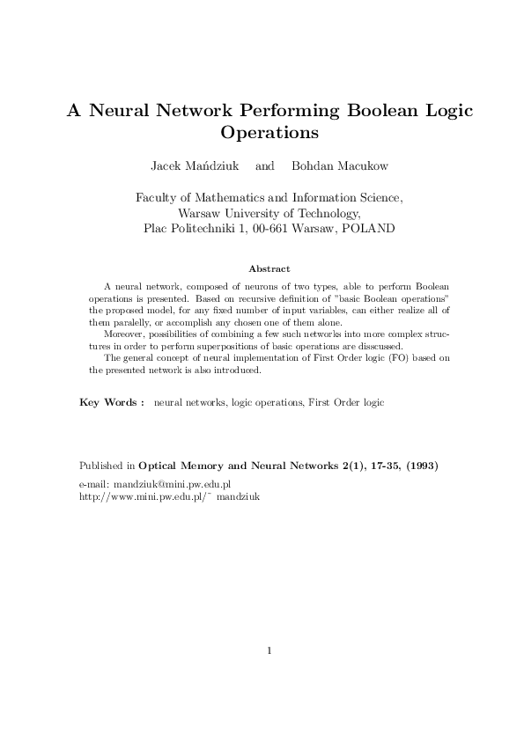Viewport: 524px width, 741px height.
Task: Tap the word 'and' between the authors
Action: click(264, 166)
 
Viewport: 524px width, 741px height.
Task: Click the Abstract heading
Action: click(269, 268)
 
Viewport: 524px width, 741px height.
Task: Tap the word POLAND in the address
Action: click(371, 227)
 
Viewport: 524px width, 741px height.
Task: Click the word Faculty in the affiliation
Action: click(155, 199)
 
